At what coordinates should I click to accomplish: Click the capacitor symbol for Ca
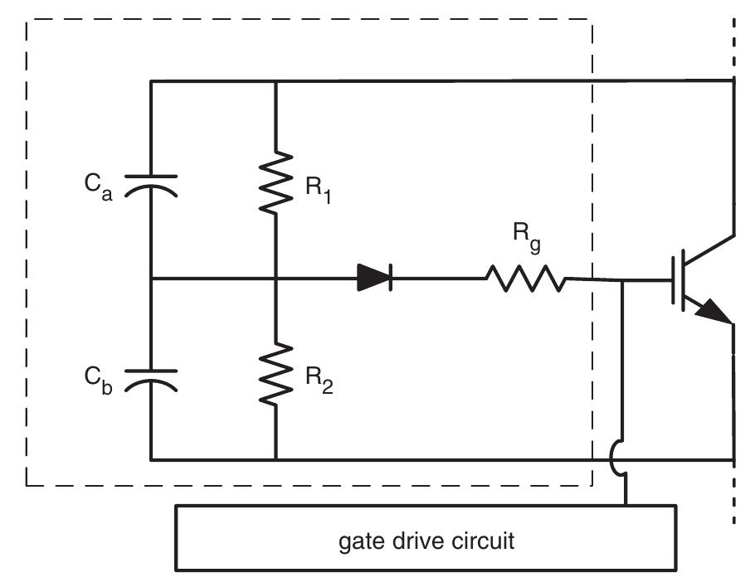[x=150, y=183]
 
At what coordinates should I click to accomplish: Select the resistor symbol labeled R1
[x=275, y=182]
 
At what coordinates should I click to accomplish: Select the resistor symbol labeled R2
[x=275, y=375]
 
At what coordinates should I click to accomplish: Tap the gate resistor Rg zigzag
[x=525, y=279]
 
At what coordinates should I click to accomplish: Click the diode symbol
[x=375, y=279]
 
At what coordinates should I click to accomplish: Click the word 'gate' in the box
[x=361, y=542]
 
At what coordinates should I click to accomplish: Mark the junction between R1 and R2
[x=275, y=279]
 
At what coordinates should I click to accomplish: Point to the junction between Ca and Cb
[x=150, y=279]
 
